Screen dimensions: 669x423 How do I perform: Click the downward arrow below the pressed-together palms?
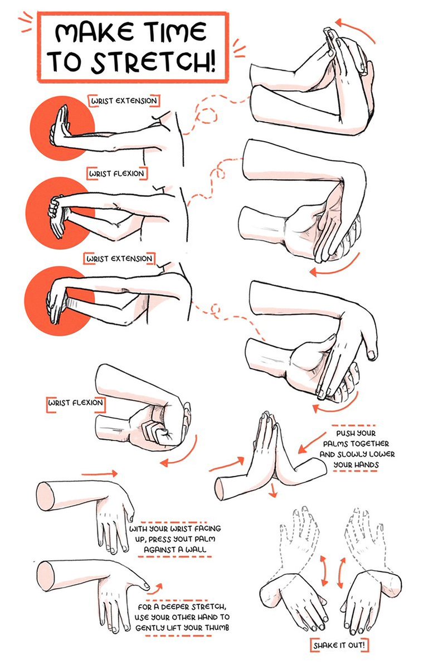point(272,489)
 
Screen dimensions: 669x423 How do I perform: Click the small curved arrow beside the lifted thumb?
point(158,587)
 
